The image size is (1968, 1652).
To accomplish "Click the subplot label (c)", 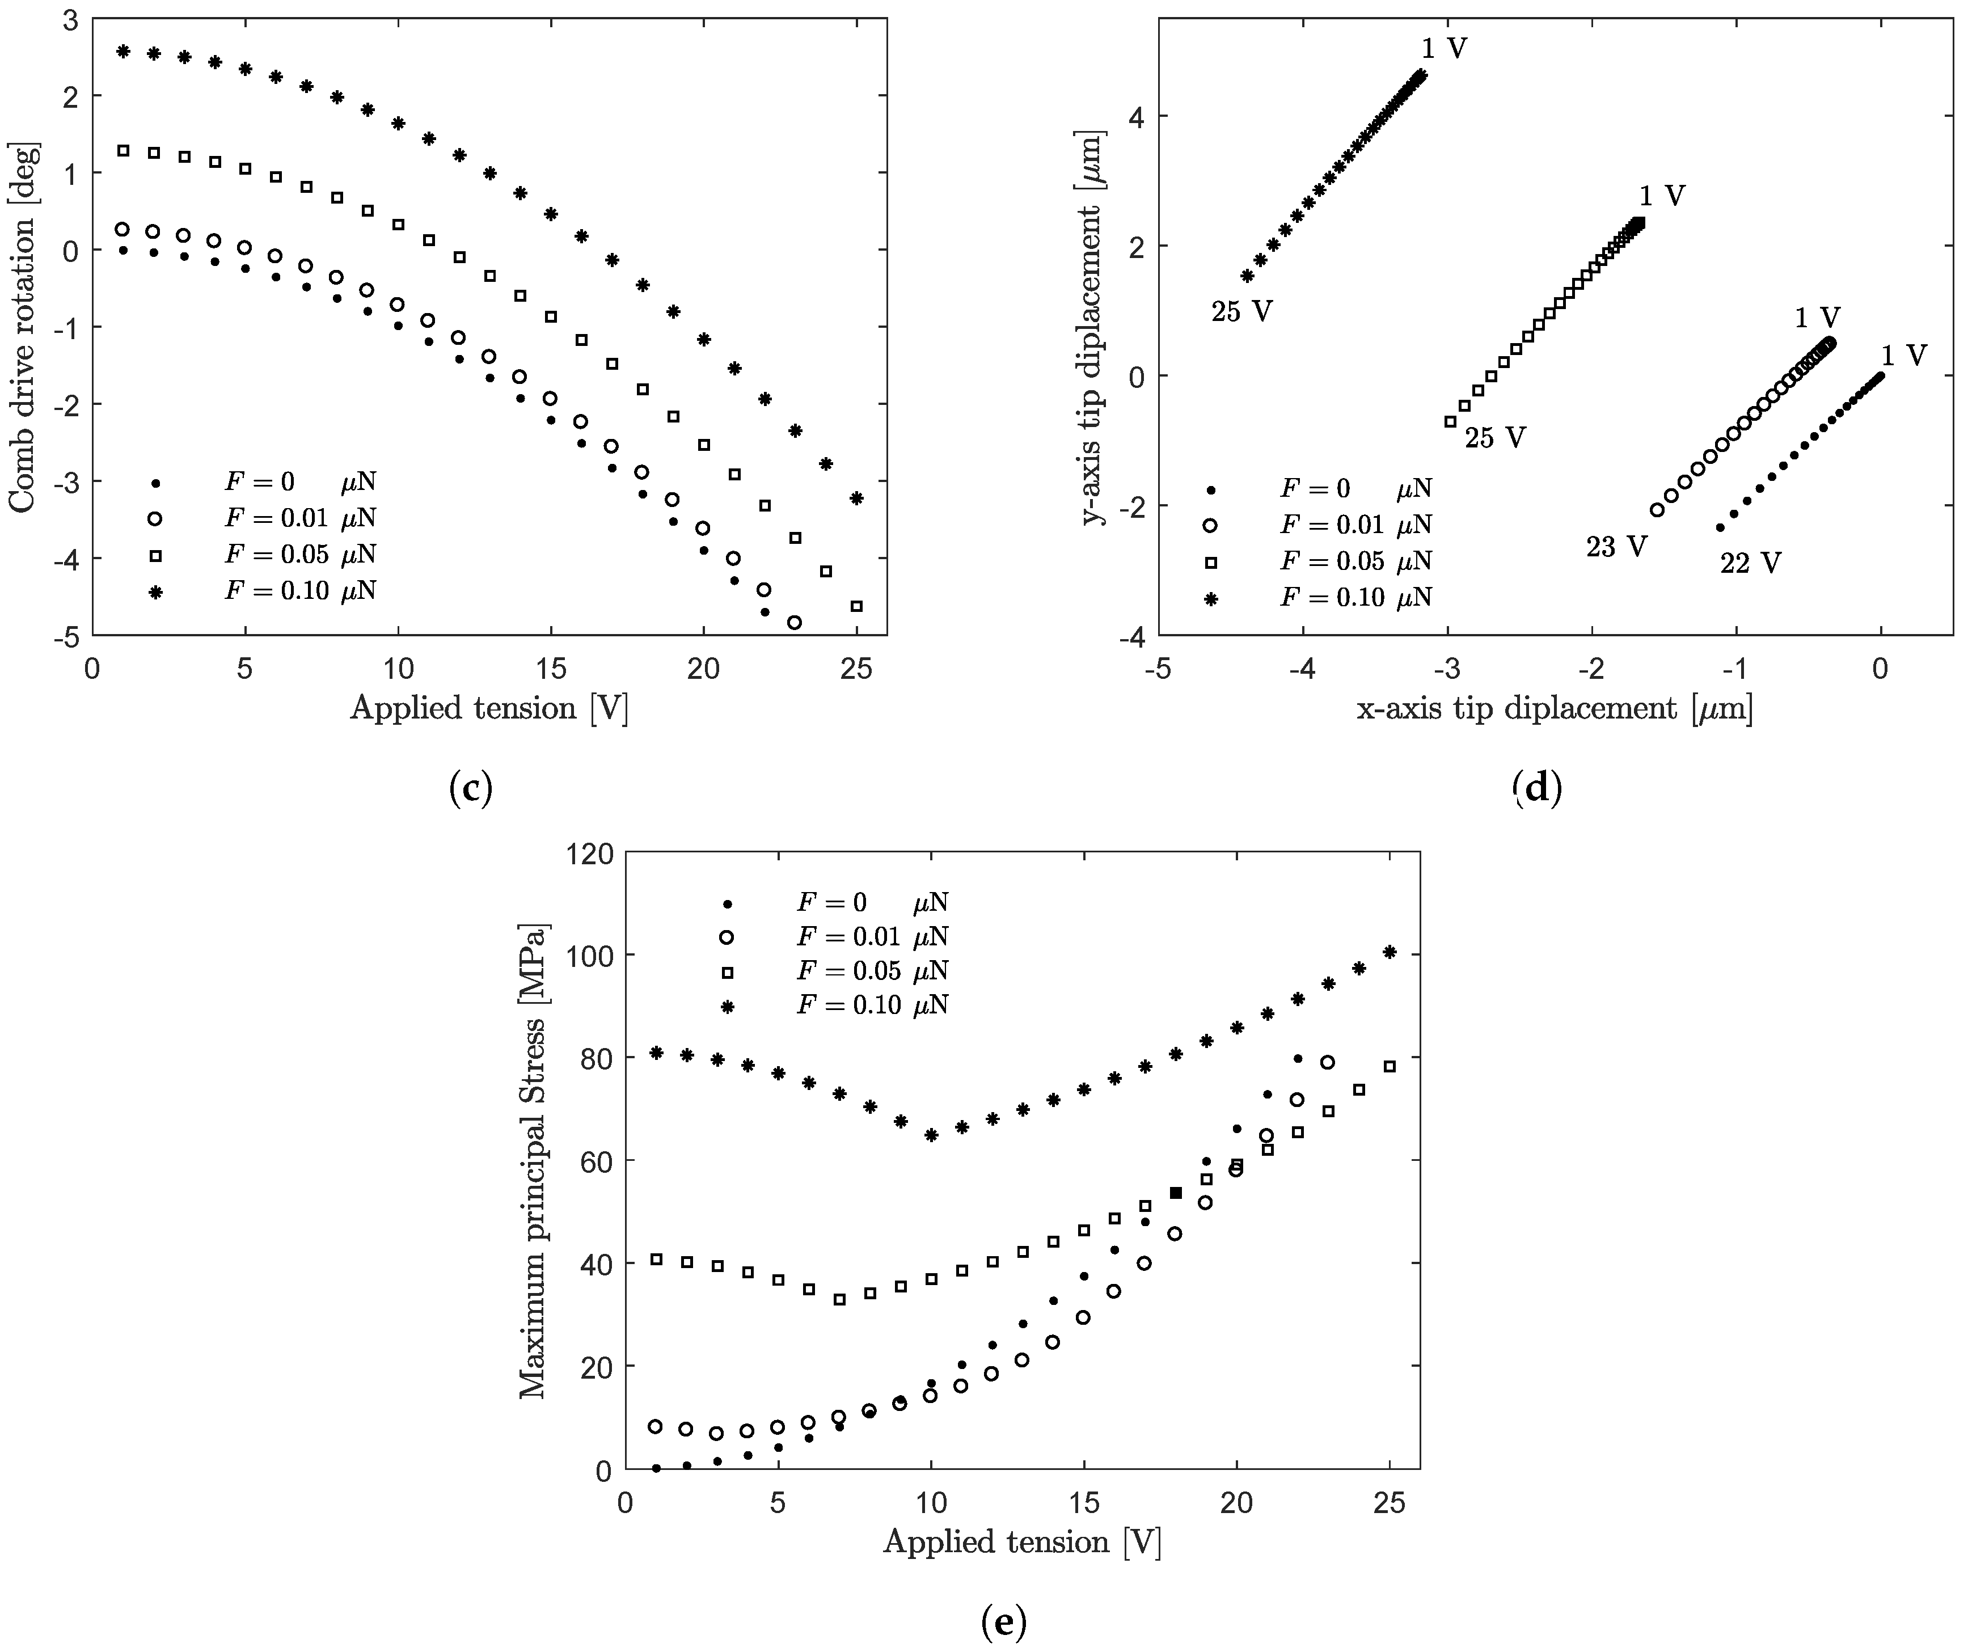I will [470, 789].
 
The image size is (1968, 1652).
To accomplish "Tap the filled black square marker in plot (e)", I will [1176, 1193].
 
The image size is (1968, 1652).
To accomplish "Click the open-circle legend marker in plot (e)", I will [727, 937].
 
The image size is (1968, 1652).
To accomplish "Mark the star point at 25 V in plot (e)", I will [1390, 952].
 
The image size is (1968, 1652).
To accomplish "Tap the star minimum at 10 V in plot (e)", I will [931, 1135].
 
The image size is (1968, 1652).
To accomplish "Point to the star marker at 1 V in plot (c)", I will [123, 50].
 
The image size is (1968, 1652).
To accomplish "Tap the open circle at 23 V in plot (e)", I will [1328, 1063].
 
